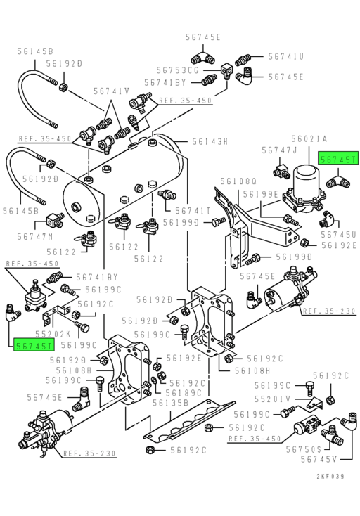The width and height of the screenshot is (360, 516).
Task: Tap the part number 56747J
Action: (x=280, y=150)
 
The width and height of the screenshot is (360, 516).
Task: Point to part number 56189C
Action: (x=186, y=393)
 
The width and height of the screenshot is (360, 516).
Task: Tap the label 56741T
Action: (x=193, y=210)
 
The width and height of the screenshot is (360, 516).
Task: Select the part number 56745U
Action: (x=339, y=234)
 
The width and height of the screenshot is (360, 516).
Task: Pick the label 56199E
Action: (x=261, y=194)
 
